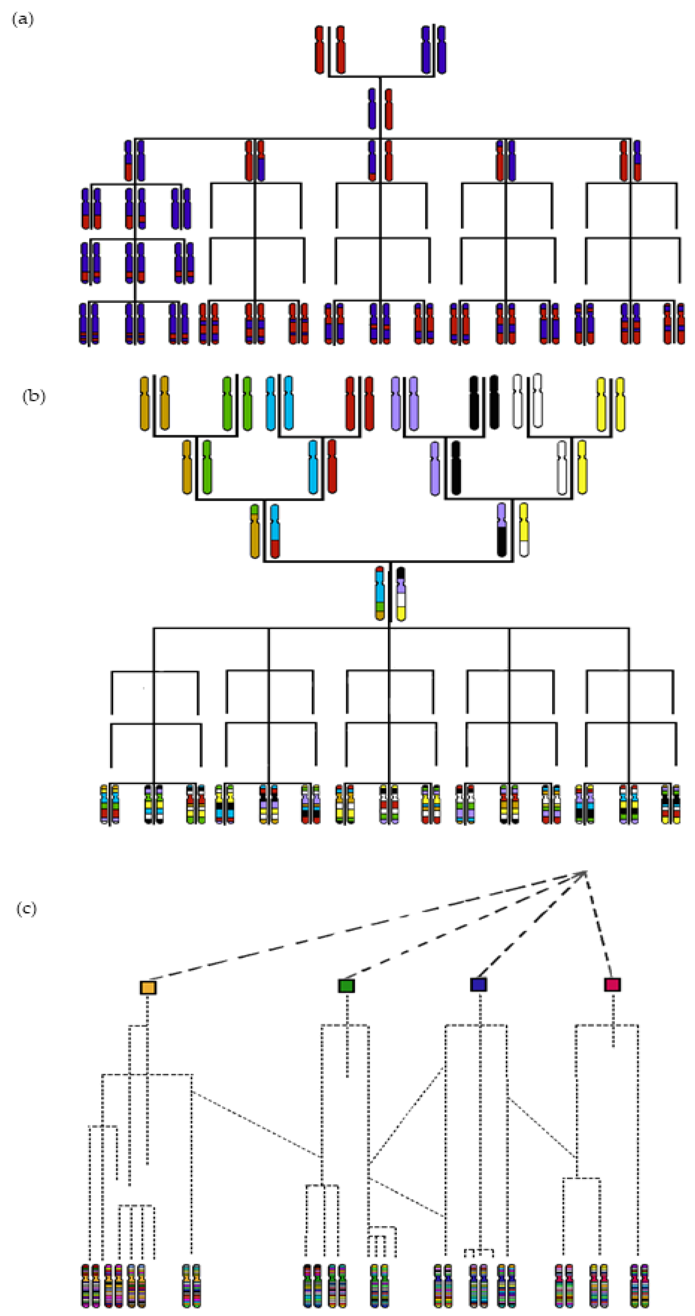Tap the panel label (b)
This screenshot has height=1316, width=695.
[x=34, y=396]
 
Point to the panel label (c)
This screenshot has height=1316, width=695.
[x=27, y=909]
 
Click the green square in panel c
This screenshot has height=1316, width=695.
[x=346, y=985]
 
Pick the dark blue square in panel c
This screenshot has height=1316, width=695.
[x=479, y=985]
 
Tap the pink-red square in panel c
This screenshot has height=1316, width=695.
[x=612, y=985]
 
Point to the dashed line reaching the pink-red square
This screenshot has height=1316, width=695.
[x=599, y=930]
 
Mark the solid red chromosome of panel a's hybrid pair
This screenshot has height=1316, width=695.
[x=389, y=108]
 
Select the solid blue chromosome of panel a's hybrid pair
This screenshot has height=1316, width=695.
[x=372, y=108]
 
